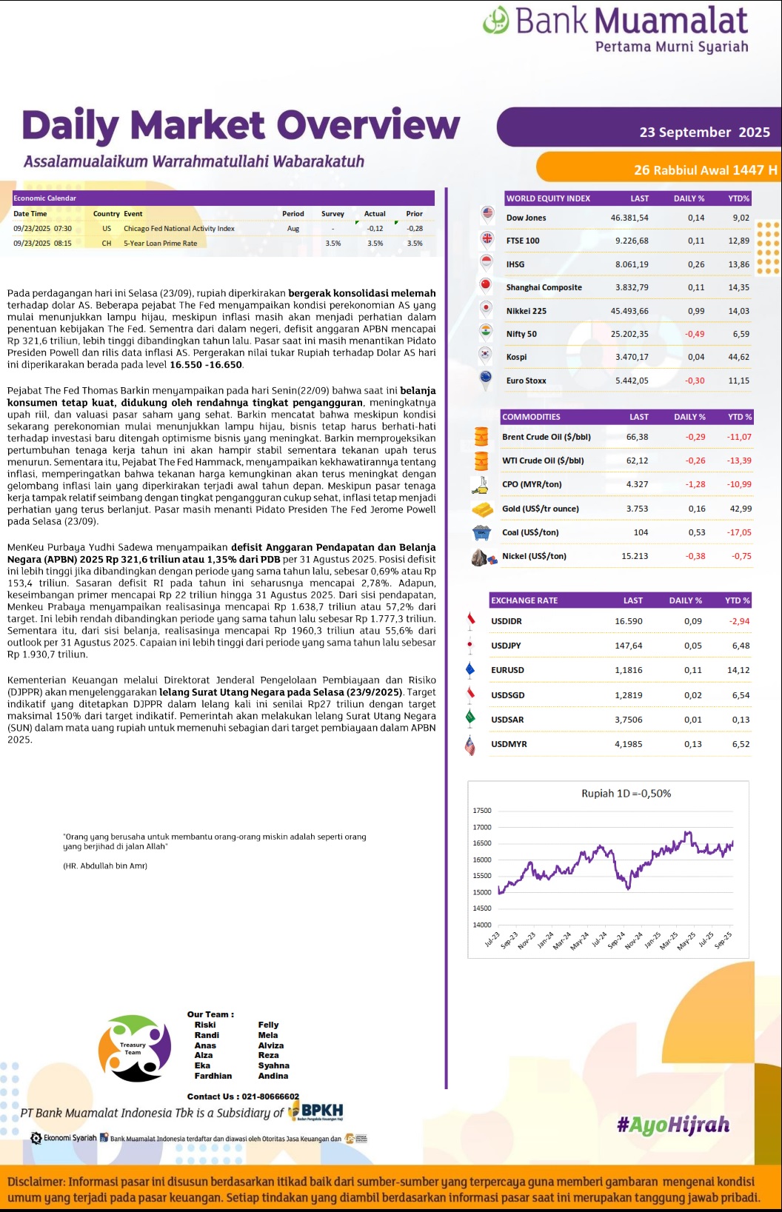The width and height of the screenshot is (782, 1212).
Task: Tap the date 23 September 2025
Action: [x=704, y=133]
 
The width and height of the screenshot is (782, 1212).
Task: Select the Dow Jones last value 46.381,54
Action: [x=629, y=218]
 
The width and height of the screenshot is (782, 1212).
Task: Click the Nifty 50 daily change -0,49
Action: [x=695, y=334]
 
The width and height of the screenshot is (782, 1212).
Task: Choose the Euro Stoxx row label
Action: [x=526, y=381]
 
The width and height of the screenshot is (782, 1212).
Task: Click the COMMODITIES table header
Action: [x=532, y=417]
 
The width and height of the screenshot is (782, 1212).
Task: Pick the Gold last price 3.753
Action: [x=637, y=509]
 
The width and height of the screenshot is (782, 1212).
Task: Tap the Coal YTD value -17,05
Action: [x=739, y=532]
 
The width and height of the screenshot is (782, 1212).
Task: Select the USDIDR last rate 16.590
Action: [x=628, y=621]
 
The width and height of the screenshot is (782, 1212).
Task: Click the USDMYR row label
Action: [x=509, y=744]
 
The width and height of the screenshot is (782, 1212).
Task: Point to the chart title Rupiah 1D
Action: [x=626, y=793]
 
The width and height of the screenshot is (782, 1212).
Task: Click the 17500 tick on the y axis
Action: [x=482, y=811]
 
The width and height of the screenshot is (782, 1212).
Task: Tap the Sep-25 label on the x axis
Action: [x=723, y=940]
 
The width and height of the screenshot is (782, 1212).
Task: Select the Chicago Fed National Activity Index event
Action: [x=178, y=229]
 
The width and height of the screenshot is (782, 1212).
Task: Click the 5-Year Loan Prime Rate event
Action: [x=160, y=244]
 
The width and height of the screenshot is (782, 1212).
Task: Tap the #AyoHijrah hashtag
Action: [x=672, y=1125]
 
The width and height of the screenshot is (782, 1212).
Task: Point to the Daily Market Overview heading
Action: [x=241, y=125]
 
